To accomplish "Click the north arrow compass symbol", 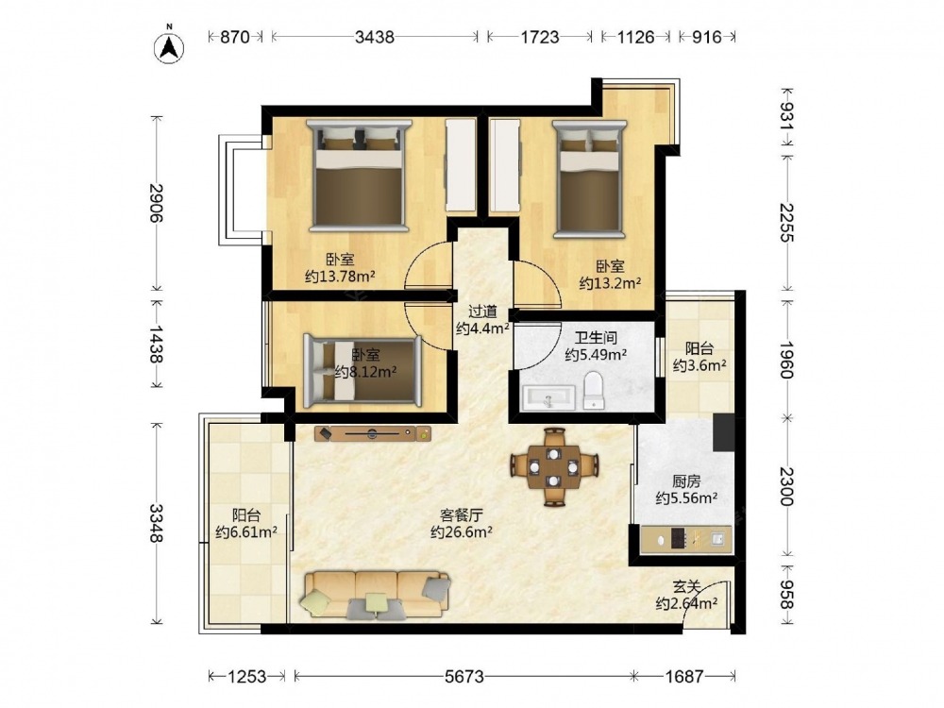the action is click(x=169, y=47).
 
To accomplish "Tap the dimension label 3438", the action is click(x=375, y=38).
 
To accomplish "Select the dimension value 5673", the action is click(x=464, y=677).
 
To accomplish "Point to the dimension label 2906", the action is click(x=157, y=202).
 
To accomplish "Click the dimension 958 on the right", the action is click(x=786, y=594).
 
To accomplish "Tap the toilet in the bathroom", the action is click(x=594, y=390).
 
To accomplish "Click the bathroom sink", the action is click(x=548, y=398).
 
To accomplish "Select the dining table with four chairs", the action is click(x=554, y=466).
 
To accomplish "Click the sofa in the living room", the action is click(x=378, y=595).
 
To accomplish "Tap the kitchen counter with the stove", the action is click(x=686, y=539).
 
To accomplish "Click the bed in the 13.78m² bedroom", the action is click(x=360, y=176).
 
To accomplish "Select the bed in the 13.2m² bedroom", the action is click(x=590, y=178).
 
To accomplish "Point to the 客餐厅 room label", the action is click(x=462, y=515).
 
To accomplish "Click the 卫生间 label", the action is click(x=596, y=338).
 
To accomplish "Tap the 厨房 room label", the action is click(x=686, y=481).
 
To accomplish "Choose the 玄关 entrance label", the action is click(x=686, y=586).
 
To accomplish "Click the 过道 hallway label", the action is click(x=482, y=312).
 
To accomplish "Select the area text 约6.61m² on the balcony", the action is click(x=246, y=532).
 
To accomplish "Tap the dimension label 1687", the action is click(x=683, y=677).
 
